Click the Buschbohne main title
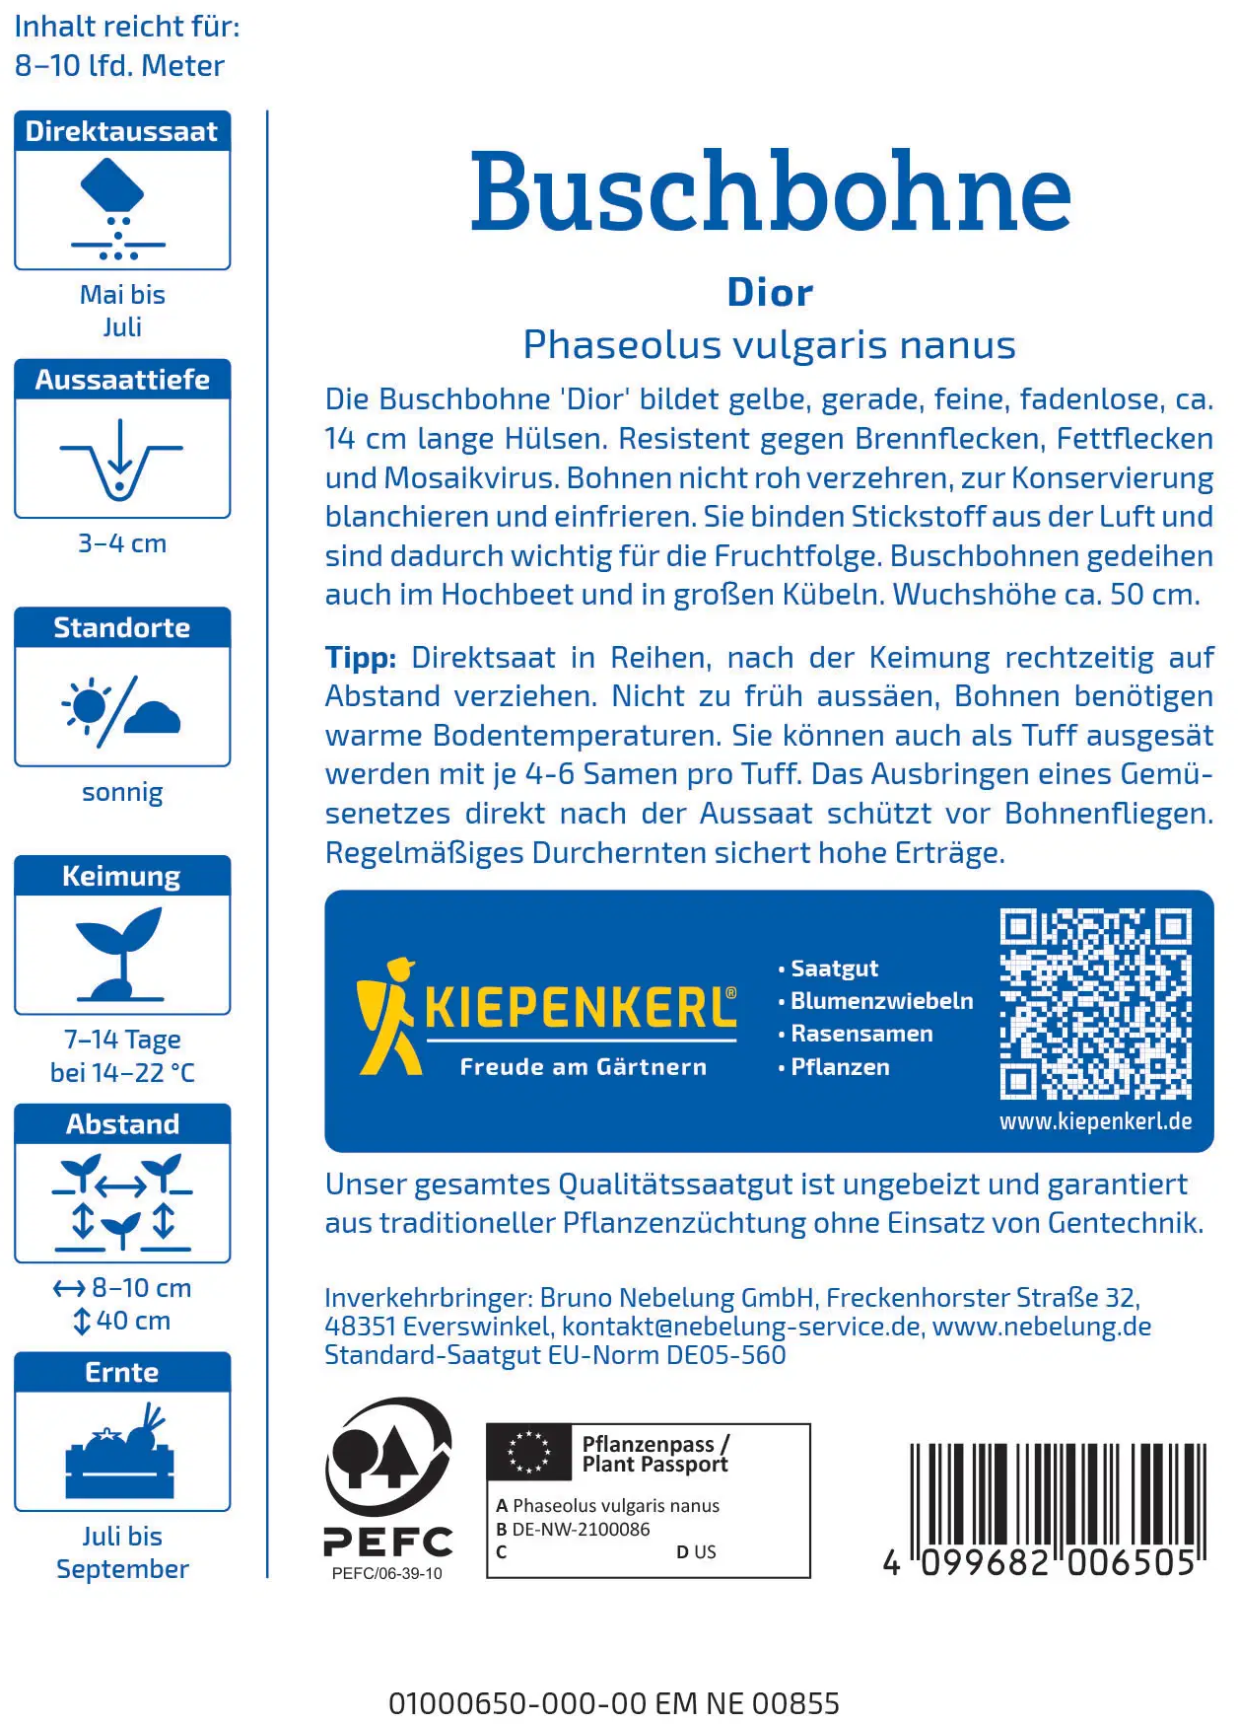(x=770, y=191)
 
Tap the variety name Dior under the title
(x=770, y=293)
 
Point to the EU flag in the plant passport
(x=529, y=1452)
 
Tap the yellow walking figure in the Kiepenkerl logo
(x=388, y=1016)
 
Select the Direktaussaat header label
(x=122, y=131)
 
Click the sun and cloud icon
(x=122, y=707)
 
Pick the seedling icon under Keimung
(x=120, y=953)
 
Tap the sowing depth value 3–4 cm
(x=122, y=543)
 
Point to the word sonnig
(x=122, y=792)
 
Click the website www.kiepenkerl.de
(x=1095, y=1121)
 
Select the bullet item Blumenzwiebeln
(x=881, y=1001)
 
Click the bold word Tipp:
(x=361, y=658)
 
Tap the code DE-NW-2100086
(x=581, y=1530)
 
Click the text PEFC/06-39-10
(x=387, y=1573)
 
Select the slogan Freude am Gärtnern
(x=584, y=1067)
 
